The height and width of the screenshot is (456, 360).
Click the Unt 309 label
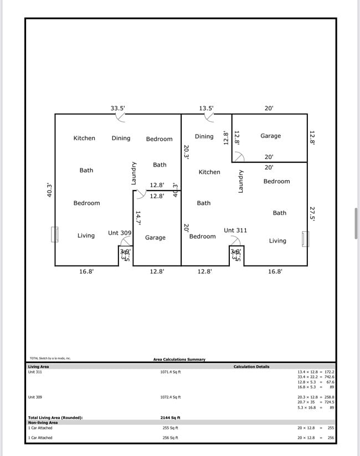120,233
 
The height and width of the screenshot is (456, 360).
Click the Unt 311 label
235,230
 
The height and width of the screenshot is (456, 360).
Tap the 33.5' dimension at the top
118,109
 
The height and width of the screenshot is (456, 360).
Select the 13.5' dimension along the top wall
206,109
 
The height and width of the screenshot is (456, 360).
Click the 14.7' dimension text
138,218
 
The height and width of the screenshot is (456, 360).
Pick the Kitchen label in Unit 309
84,138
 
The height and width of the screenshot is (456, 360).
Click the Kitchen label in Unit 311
209,172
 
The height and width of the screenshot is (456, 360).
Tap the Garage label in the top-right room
270,136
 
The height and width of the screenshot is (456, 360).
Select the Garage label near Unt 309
155,238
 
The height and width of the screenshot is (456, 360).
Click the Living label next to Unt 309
86,235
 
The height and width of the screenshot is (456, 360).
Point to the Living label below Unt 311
277,241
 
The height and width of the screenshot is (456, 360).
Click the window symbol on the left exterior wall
55,234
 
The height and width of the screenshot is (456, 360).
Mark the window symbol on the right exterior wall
305,239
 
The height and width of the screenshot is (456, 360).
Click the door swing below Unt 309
126,242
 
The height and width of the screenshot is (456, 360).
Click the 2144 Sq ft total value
171,418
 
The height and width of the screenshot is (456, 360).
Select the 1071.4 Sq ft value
171,372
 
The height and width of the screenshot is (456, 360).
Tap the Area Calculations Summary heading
179,360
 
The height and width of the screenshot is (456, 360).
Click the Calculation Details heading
251,367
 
